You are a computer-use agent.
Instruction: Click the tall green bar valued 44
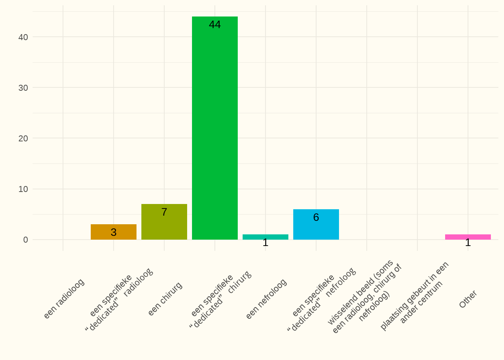[x=215, y=128]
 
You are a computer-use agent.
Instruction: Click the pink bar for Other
[x=468, y=237]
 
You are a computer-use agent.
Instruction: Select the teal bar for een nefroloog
[x=265, y=237]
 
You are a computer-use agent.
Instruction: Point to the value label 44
[x=215, y=25]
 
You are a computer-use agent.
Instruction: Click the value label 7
[x=164, y=212]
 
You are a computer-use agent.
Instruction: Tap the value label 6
[x=316, y=217]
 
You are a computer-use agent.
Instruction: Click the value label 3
[x=114, y=232]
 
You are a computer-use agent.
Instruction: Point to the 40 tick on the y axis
[x=23, y=37]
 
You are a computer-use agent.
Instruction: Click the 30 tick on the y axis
[x=23, y=88]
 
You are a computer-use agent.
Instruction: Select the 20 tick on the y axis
[x=23, y=138]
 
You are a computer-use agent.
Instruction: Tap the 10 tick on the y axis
[x=23, y=189]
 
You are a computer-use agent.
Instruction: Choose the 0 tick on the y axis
[x=25, y=240]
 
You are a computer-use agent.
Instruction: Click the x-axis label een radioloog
[x=64, y=298]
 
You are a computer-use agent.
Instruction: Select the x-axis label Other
[x=468, y=299]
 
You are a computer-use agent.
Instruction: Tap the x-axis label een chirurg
[x=165, y=298]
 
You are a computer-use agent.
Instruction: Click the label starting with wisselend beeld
[x=364, y=297]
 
